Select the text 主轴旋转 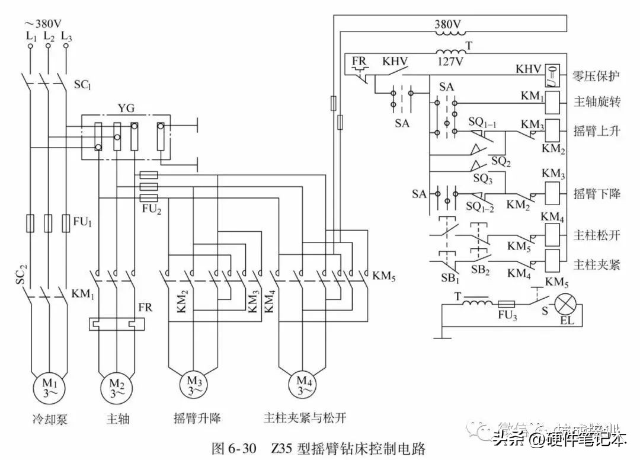click(x=597, y=102)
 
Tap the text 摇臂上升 click(x=597, y=130)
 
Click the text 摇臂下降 click(x=597, y=194)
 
